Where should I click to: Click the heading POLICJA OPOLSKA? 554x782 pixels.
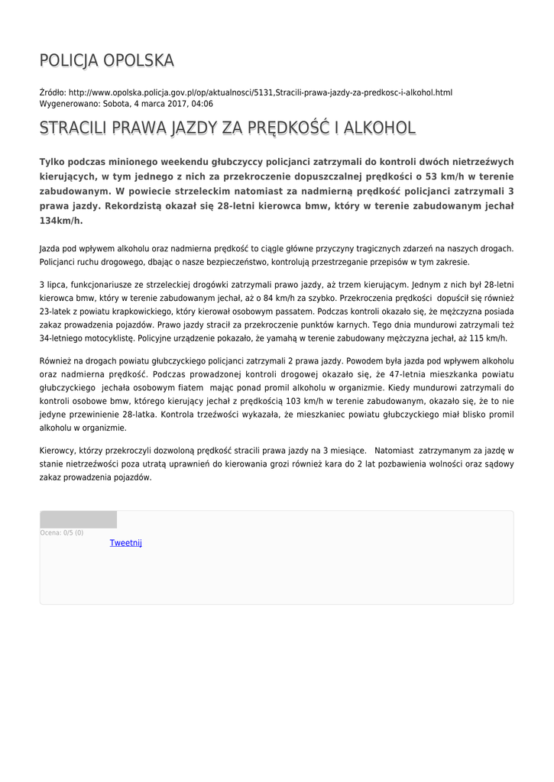click(x=106, y=60)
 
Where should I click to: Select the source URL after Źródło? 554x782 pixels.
click(x=260, y=92)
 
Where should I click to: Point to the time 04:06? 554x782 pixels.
click(x=200, y=104)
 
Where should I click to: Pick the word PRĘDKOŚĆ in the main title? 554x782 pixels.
click(x=287, y=128)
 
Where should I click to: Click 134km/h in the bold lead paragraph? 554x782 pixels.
click(x=60, y=221)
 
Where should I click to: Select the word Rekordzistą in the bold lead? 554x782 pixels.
click(x=134, y=206)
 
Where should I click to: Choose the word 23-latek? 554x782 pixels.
click(x=57, y=312)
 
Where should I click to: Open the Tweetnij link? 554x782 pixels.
click(x=126, y=543)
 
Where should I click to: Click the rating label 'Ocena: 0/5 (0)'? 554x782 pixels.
click(x=62, y=533)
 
